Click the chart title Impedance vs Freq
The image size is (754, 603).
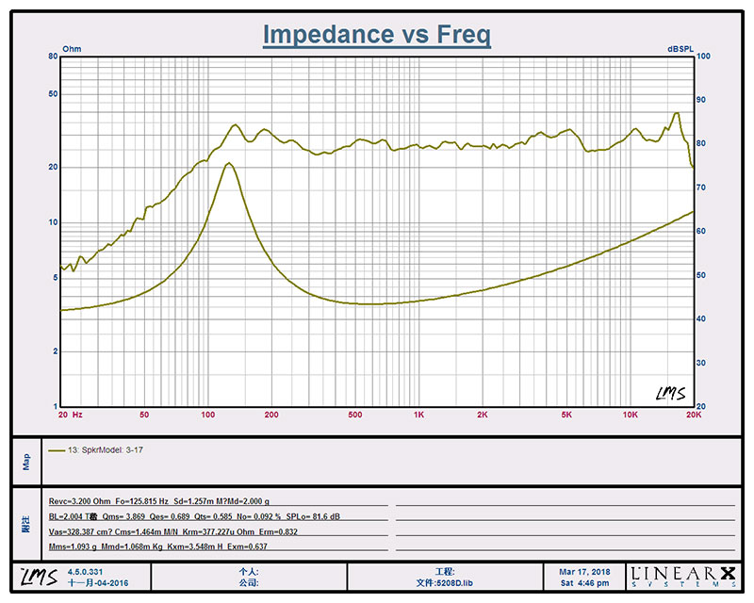[x=376, y=35]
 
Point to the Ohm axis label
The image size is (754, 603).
[x=72, y=48]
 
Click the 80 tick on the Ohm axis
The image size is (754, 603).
[x=54, y=57]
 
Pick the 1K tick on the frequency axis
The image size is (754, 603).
[x=418, y=415]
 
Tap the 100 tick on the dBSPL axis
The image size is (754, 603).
[x=703, y=57]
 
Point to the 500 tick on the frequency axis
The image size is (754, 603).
[x=354, y=415]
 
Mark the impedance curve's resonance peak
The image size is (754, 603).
[x=228, y=164]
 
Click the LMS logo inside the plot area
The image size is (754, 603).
[x=670, y=392]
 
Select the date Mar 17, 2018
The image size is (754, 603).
[x=585, y=571]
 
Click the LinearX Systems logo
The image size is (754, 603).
[x=685, y=577]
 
